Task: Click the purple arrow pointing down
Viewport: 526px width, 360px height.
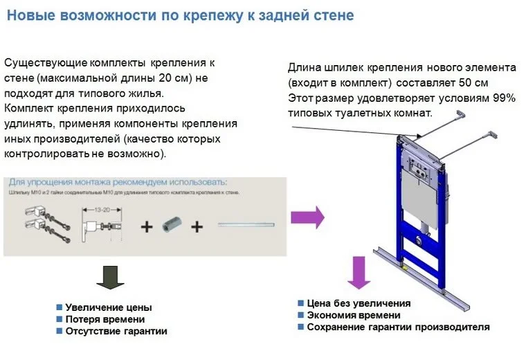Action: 359,273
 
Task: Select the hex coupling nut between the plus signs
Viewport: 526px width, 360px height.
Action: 171,225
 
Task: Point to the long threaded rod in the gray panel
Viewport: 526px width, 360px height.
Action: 246,224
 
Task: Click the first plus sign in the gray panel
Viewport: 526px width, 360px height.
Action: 147,226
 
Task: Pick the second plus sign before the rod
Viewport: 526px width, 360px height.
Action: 198,226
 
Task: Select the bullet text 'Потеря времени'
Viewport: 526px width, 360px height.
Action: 105,319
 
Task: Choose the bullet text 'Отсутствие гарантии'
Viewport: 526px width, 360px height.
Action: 116,332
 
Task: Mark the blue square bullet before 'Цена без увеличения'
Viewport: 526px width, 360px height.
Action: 301,303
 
